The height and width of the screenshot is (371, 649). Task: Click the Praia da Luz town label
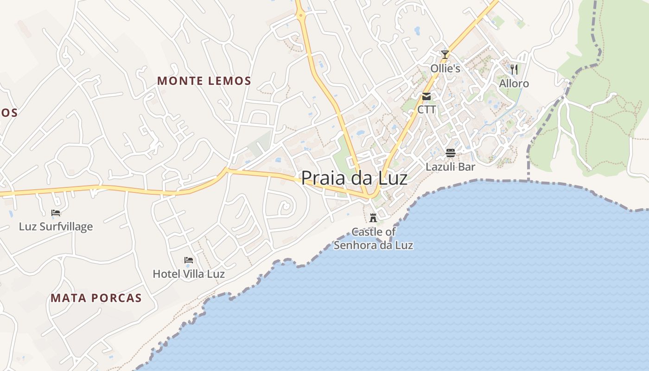pyautogui.click(x=355, y=178)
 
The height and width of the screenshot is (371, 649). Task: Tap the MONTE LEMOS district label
pyautogui.click(x=204, y=81)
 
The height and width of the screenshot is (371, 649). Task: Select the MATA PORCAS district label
pyautogui.click(x=96, y=298)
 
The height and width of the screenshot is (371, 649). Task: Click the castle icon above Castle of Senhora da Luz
pyautogui.click(x=373, y=217)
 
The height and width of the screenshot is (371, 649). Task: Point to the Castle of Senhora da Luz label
pyautogui.click(x=373, y=238)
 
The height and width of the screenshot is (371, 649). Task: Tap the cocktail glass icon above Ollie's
pyautogui.click(x=445, y=55)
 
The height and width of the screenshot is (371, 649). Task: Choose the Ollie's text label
pyautogui.click(x=445, y=69)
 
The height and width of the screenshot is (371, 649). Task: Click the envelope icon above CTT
pyautogui.click(x=426, y=96)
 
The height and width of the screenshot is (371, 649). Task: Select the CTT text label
pyautogui.click(x=426, y=110)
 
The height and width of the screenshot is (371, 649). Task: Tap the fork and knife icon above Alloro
pyautogui.click(x=514, y=70)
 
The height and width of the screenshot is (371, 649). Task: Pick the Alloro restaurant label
pyautogui.click(x=514, y=83)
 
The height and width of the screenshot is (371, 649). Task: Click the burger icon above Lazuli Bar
pyautogui.click(x=451, y=153)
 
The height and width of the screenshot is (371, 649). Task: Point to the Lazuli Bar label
pyautogui.click(x=451, y=166)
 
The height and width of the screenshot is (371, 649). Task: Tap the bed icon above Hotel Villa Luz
pyautogui.click(x=189, y=260)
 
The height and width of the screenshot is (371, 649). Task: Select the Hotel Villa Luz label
pyautogui.click(x=189, y=274)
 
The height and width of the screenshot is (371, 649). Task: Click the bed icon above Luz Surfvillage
pyautogui.click(x=56, y=213)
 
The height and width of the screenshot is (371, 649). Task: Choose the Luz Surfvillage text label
pyautogui.click(x=56, y=227)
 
